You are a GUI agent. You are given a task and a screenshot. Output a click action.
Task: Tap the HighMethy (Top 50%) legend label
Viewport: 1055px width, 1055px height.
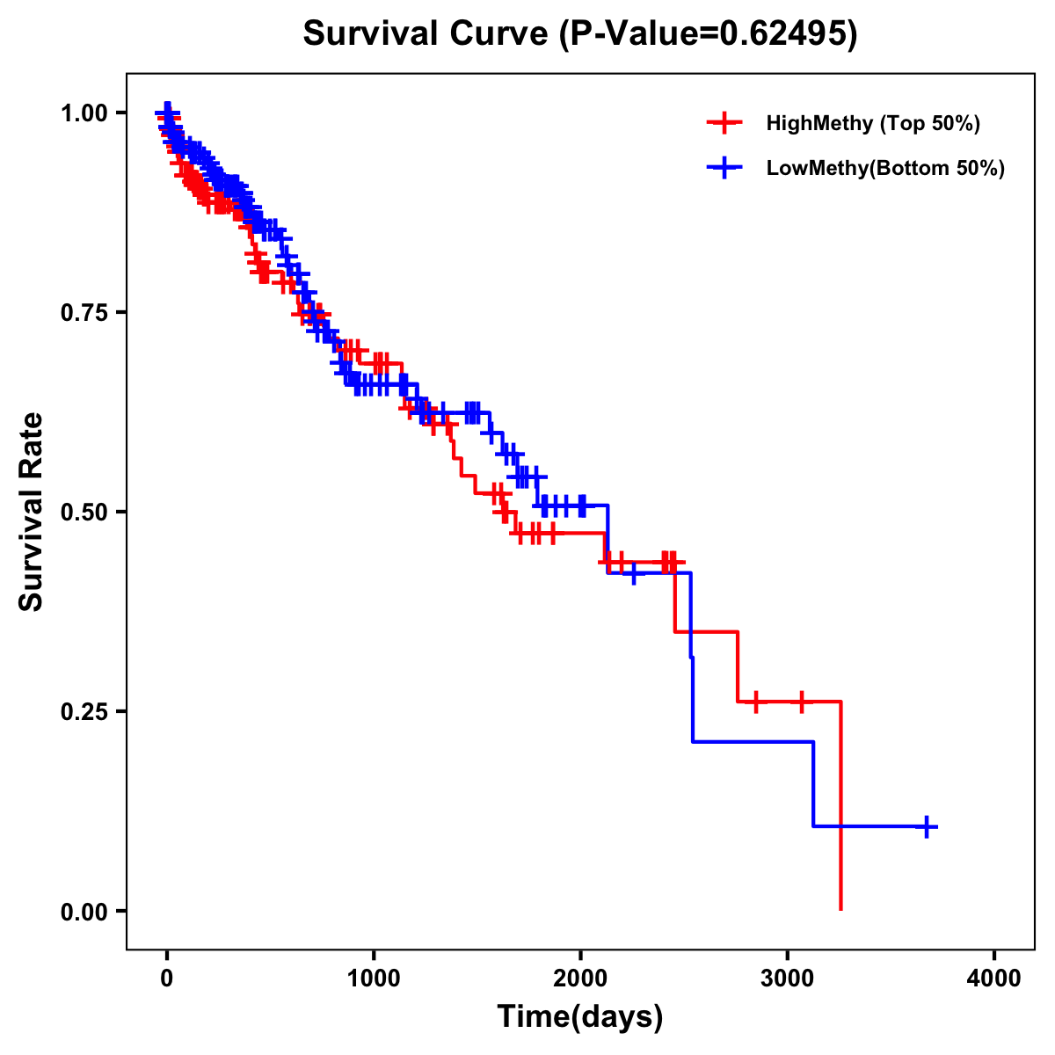click(x=872, y=123)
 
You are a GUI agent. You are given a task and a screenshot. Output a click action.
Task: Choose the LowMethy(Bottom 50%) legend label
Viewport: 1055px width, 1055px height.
click(x=885, y=169)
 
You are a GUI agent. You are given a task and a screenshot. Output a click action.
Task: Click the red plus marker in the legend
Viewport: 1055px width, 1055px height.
click(x=724, y=123)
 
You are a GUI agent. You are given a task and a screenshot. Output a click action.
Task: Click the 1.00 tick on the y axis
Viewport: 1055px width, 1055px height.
click(x=83, y=113)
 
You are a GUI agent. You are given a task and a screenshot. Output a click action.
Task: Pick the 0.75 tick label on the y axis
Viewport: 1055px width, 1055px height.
click(x=83, y=313)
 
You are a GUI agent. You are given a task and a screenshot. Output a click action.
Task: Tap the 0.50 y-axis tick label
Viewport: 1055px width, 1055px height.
click(x=83, y=513)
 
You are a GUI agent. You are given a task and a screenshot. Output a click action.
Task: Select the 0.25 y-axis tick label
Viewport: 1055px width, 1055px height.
click(x=83, y=712)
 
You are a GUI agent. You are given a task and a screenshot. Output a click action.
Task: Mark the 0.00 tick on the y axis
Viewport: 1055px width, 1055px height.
click(x=83, y=912)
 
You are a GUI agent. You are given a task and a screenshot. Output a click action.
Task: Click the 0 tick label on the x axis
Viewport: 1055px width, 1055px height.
click(x=167, y=979)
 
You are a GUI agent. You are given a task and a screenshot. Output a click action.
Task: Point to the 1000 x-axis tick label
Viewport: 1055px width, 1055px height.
click(x=374, y=979)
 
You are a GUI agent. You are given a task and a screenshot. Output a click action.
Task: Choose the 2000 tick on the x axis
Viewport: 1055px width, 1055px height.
click(x=580, y=979)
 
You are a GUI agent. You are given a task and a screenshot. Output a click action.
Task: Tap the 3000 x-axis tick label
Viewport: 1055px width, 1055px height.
click(x=788, y=979)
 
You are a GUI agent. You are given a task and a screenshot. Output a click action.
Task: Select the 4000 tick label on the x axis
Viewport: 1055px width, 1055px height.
click(x=994, y=979)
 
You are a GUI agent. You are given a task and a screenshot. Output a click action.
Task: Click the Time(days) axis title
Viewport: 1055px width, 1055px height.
click(x=580, y=1017)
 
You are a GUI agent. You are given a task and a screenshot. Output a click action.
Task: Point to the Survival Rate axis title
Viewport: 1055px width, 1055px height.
click(x=33, y=512)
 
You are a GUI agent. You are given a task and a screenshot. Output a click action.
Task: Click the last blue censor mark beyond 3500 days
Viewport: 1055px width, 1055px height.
click(x=927, y=826)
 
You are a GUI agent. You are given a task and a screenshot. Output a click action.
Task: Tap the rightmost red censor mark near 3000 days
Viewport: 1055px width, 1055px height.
click(x=801, y=702)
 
